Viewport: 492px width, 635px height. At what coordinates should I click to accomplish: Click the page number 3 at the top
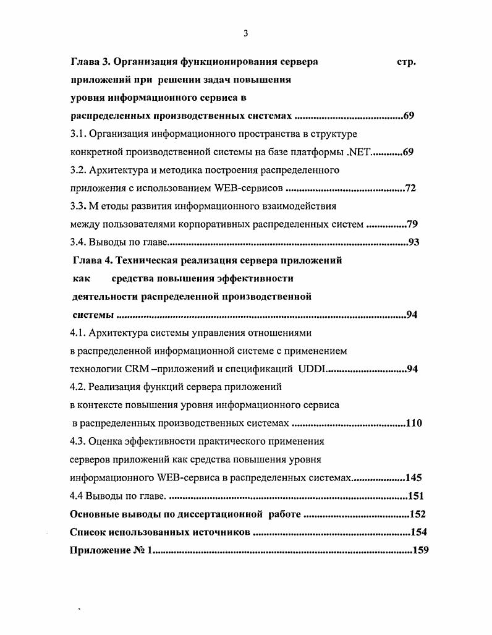coord(245,34)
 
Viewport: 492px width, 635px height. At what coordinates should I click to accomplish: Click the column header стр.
coord(405,62)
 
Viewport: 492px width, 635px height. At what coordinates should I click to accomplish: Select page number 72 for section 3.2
coord(410,188)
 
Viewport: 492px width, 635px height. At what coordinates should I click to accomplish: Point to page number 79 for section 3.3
coord(413,224)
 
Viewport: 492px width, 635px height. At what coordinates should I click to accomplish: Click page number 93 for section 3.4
coord(414,242)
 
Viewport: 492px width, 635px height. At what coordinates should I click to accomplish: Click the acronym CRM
coord(134,369)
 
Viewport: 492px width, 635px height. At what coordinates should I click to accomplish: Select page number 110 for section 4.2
coord(414,424)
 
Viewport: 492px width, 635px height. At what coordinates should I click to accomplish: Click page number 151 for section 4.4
coord(416,496)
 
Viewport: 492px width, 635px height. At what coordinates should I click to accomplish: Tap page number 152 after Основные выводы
coord(418,514)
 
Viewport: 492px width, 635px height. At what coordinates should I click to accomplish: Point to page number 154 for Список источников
coord(419,532)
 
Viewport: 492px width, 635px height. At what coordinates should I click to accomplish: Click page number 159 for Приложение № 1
coord(420,550)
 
